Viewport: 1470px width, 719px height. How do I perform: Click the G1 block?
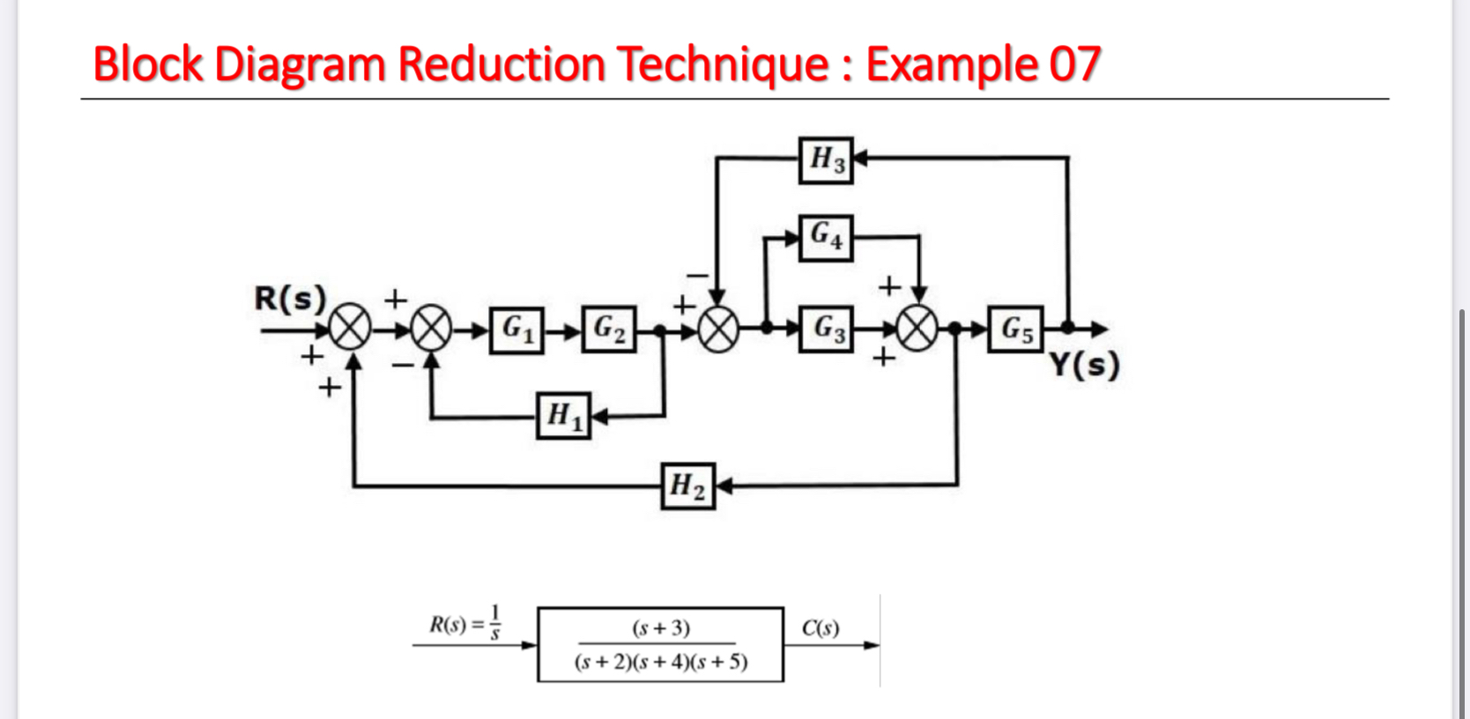click(517, 330)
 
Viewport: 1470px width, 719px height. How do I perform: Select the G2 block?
click(609, 330)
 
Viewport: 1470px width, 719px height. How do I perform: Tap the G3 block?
click(826, 330)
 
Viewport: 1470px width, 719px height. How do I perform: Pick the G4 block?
click(826, 237)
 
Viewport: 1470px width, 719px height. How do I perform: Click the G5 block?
click(1015, 330)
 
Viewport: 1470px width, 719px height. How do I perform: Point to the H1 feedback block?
click(564, 415)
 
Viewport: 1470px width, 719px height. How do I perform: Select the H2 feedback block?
click(687, 486)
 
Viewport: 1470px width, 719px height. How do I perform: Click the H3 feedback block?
click(826, 160)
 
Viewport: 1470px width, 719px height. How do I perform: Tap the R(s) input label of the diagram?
click(290, 299)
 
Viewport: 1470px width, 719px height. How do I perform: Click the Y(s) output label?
click(1085, 364)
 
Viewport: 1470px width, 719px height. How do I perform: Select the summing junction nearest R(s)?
click(351, 330)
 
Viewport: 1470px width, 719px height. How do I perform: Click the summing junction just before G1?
click(431, 330)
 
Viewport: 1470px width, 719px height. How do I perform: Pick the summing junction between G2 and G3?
click(718, 330)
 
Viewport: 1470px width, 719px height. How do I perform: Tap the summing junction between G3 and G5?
click(917, 330)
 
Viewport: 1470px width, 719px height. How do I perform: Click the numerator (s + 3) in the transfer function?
click(661, 628)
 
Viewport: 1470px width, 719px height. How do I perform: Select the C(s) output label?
click(820, 628)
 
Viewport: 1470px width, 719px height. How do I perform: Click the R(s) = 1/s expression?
click(465, 623)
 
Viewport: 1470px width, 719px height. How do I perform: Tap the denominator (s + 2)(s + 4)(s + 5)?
click(661, 662)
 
